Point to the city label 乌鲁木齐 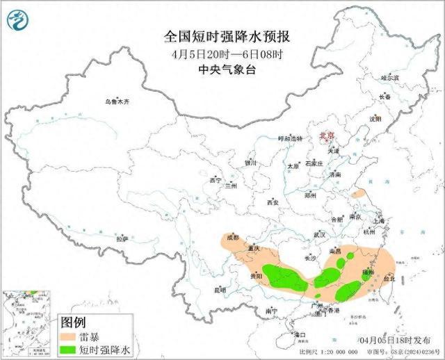[x=117, y=102]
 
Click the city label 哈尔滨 [x=390, y=78]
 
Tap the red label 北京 [x=326, y=136]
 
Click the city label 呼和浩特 [x=291, y=138]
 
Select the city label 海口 [x=300, y=335]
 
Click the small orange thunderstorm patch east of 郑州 [x=359, y=195]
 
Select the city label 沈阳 [x=376, y=119]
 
